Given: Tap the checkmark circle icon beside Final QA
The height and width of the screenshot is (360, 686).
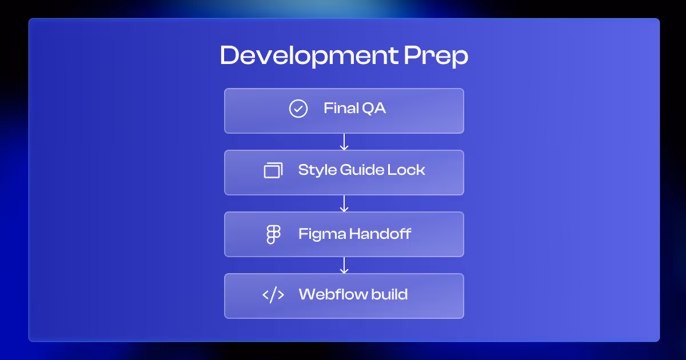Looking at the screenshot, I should pos(298,109).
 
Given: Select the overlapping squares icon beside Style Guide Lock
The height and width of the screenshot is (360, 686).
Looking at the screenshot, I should pos(273,170).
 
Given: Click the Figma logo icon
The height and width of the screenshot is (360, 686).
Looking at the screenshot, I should pos(274,234).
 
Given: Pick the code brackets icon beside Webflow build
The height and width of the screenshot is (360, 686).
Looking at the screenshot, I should pos(273,295).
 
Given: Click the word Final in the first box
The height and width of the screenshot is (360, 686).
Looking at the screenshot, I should pos(337,108).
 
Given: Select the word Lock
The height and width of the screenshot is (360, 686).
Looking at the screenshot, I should pos(408,170).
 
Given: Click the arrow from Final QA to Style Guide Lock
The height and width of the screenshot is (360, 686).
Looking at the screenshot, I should pos(344,142).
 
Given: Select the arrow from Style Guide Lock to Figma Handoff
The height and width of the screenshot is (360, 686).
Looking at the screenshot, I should pos(344,203).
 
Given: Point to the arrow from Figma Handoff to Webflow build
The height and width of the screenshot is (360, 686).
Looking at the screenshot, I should pos(344,265).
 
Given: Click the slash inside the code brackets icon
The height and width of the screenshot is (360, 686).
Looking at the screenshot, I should pos(273,295).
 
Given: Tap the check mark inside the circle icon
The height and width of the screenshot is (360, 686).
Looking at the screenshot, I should pos(298,109).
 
